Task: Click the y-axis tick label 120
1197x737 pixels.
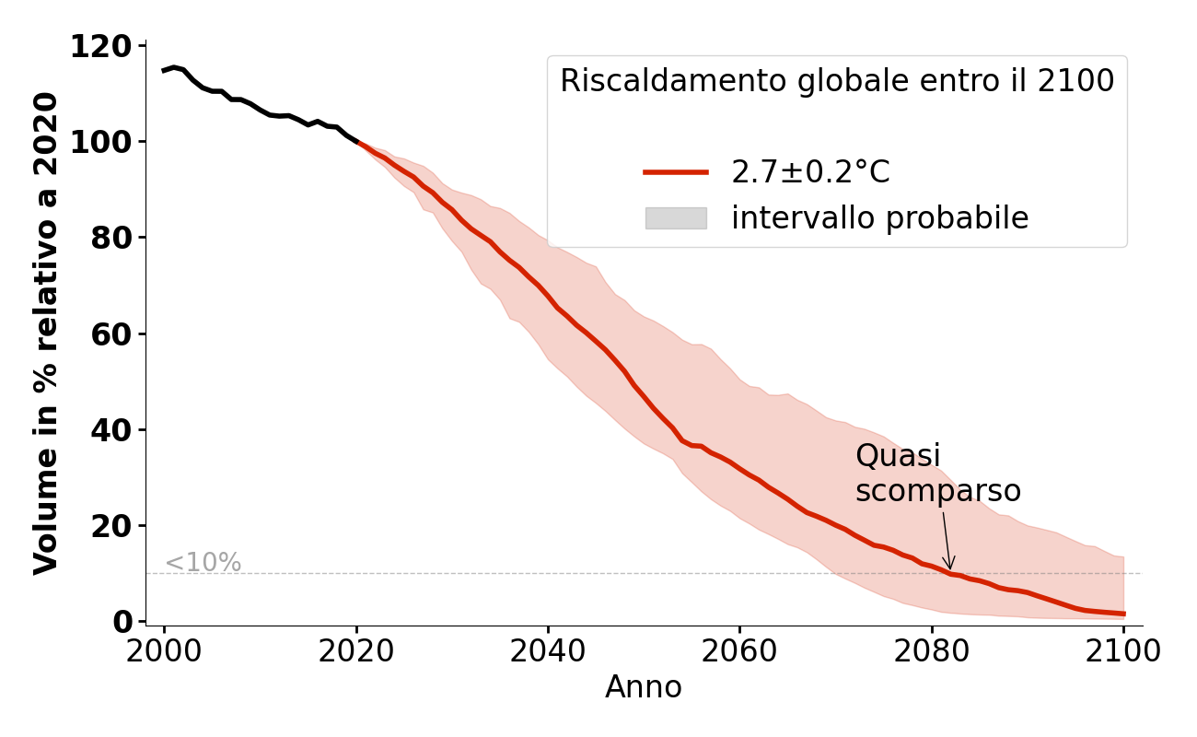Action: coord(102,46)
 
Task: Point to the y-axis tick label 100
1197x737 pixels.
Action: coord(102,142)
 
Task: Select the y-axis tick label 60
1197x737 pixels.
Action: coord(110,333)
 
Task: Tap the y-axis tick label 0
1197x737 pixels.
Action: coord(122,622)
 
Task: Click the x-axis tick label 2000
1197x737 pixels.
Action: coord(164,650)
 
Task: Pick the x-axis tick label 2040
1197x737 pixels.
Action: coord(548,650)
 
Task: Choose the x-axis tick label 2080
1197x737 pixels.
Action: coord(931,650)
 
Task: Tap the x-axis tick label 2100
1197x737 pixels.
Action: coord(1122,650)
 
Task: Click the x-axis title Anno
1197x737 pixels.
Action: coord(644,688)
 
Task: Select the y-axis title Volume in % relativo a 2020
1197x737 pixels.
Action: coord(46,333)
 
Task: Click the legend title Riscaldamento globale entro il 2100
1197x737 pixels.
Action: coord(837,82)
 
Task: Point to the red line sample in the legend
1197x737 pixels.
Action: coord(676,172)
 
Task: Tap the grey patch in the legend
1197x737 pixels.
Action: coord(676,218)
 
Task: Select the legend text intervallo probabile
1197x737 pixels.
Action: coord(879,218)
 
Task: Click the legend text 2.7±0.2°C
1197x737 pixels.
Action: coord(810,172)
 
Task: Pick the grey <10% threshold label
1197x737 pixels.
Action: coord(203,563)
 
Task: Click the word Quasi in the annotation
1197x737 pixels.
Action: coord(898,456)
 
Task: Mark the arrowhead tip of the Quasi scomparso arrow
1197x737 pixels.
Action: coord(951,571)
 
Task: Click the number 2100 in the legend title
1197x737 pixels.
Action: coord(1076,82)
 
